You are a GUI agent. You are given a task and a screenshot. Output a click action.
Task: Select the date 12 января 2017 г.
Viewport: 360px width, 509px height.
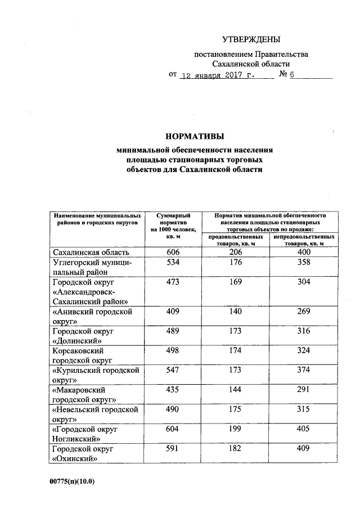tap(223, 75)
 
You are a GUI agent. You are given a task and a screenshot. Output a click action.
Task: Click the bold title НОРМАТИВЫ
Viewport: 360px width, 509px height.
tap(194, 137)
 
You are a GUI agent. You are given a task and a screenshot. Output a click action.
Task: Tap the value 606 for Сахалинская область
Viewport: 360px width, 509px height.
tap(173, 253)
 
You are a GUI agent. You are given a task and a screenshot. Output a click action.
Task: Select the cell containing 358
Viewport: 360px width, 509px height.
tap(304, 263)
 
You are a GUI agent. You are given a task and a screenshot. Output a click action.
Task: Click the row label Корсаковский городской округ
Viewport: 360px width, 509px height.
tap(82, 355)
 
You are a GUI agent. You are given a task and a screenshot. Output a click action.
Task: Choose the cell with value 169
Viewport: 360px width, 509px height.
tap(235, 282)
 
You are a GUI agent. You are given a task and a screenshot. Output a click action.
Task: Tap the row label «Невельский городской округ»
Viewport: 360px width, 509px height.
tap(94, 414)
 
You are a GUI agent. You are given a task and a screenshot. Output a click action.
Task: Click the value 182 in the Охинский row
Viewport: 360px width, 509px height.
tap(235, 448)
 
